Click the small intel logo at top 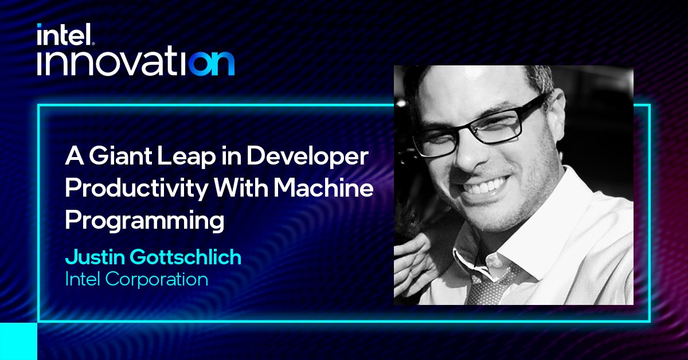tap(65, 34)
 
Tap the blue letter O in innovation tap(200, 63)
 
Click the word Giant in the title tap(120, 156)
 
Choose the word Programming tap(144, 221)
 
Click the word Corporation tap(157, 280)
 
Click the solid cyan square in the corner tap(18, 341)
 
